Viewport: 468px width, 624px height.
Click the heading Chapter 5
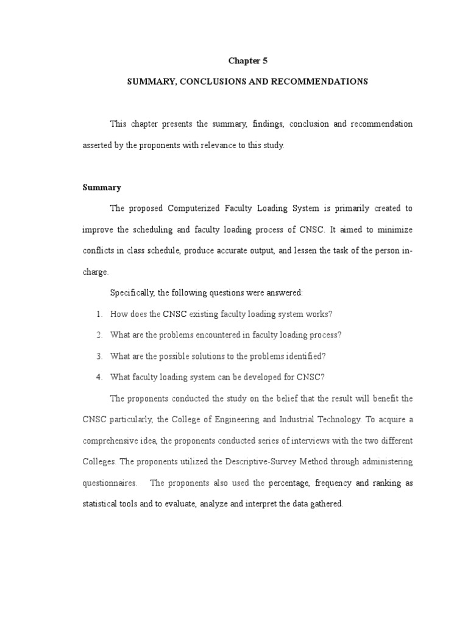247,60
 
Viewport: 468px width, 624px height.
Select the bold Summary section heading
102,188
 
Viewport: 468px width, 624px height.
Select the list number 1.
98,314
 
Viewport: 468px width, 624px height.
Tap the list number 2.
98,335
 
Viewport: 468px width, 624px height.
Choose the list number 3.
98,356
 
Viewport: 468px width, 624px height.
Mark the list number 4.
98,377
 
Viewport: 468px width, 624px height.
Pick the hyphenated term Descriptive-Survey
280,462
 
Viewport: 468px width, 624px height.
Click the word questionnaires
110,483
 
